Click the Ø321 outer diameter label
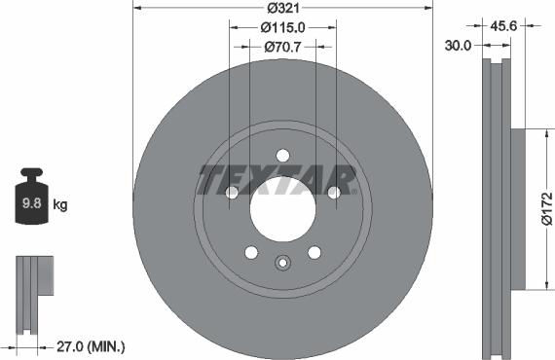pyautogui.click(x=282, y=9)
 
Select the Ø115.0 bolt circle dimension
pyautogui.click(x=282, y=28)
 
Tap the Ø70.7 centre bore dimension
pyautogui.click(x=282, y=46)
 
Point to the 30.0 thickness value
pyautogui.click(x=460, y=45)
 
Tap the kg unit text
pyautogui.click(x=59, y=204)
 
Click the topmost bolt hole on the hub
pyautogui.click(x=282, y=156)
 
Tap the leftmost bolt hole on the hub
pyautogui.click(x=232, y=193)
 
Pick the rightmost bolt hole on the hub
pyautogui.click(x=334, y=193)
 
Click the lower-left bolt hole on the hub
pyautogui.click(x=251, y=253)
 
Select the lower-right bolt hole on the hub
pyautogui.click(x=314, y=253)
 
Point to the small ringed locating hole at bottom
pyautogui.click(x=282, y=261)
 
